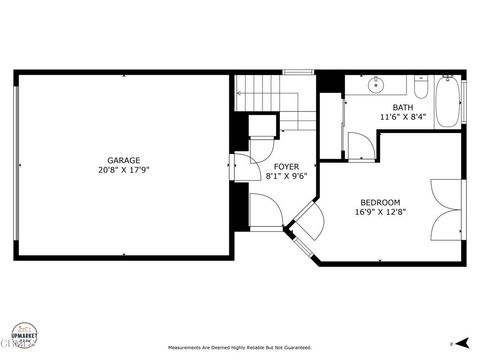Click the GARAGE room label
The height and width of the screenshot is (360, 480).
124,160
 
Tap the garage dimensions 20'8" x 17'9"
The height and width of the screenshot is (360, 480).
124,171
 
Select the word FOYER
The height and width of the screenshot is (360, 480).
287,165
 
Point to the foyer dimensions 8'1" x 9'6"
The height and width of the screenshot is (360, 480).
287,176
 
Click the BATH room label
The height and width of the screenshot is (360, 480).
402,107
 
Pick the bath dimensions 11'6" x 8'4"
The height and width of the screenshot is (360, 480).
402,118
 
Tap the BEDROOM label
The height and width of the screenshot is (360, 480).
379,202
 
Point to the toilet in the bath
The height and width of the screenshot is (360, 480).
421,90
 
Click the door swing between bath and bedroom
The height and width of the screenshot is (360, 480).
364,147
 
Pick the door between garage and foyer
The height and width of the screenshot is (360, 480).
241,168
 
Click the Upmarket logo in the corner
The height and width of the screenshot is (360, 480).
26,334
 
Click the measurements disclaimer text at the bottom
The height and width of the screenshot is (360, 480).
240,348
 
